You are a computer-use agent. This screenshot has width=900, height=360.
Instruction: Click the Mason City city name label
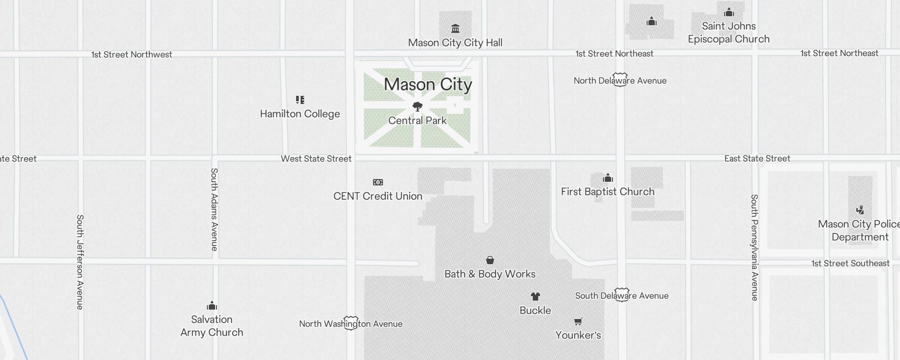428,85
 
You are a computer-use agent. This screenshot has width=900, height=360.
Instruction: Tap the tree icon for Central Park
418,107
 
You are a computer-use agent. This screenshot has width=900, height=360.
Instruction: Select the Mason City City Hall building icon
455,29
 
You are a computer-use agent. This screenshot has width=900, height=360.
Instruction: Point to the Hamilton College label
300,114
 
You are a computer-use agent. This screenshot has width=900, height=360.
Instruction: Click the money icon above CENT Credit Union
378,182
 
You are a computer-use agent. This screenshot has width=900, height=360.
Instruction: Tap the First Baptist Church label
607,192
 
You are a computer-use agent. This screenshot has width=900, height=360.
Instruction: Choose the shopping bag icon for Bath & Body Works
490,260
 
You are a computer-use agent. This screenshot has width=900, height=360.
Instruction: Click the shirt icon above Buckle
535,297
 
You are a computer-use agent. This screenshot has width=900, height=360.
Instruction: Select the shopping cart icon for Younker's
578,321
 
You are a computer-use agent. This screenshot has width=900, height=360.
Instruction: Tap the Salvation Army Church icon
212,306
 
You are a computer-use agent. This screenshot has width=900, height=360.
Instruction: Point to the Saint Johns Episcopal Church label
729,32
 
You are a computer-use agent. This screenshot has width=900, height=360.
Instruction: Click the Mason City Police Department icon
860,210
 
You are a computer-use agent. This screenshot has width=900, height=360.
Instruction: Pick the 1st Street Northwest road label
131,54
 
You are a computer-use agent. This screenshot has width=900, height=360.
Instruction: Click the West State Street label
316,158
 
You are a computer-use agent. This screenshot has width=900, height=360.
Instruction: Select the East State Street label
757,158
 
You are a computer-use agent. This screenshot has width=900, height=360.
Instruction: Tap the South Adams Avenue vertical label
215,209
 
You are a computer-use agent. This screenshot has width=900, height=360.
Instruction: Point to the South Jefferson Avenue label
80,262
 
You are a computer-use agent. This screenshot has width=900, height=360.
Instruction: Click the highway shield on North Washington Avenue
351,323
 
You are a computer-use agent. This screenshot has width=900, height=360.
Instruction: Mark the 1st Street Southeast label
850,263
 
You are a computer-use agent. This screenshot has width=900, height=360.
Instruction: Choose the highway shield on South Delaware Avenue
621,295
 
